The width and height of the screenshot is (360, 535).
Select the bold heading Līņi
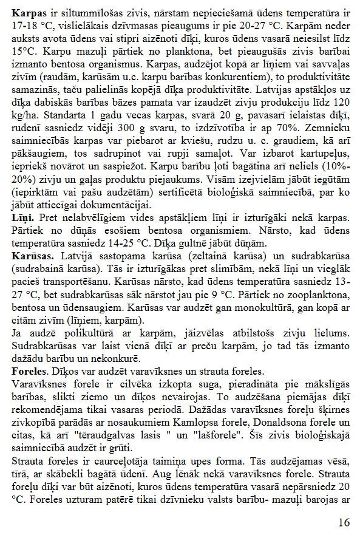[22, 217]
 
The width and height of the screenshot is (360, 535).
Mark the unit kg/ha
[23, 115]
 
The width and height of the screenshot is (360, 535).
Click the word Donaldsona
[273, 420]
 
